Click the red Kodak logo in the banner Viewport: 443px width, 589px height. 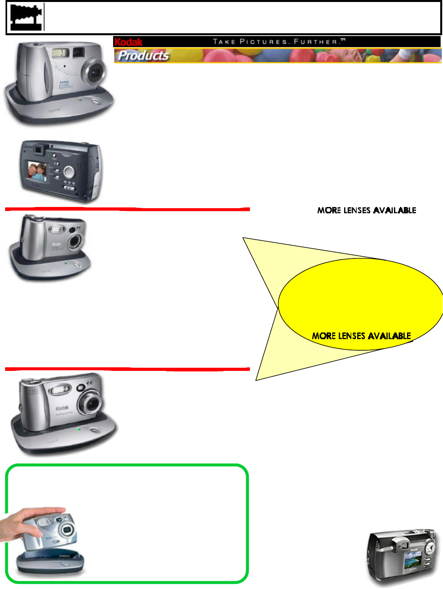(x=129, y=42)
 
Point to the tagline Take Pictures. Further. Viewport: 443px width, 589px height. (x=279, y=42)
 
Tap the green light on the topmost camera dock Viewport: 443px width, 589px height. (x=80, y=100)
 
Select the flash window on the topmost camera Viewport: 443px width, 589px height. (x=60, y=53)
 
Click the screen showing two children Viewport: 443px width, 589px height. (x=37, y=171)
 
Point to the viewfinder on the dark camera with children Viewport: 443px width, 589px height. (x=38, y=150)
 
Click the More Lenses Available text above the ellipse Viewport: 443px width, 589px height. (x=367, y=210)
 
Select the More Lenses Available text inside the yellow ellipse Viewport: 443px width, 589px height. (x=362, y=336)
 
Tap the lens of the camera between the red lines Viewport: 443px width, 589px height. (x=75, y=241)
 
